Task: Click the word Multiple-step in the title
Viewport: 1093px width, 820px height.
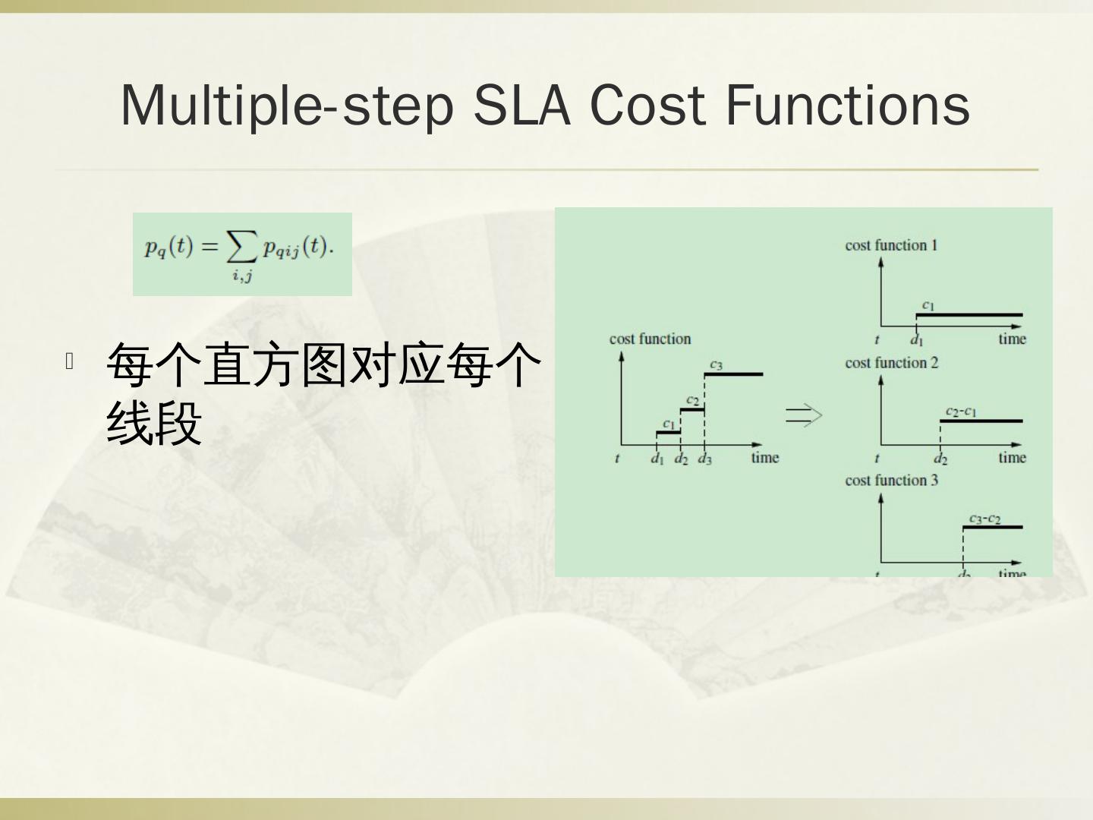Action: coord(287,105)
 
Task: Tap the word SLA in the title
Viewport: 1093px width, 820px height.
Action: coord(521,105)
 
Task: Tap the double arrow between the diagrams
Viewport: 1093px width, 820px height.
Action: coord(804,415)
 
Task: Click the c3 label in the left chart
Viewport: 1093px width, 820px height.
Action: coord(716,364)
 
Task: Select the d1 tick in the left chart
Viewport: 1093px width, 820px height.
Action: coord(657,459)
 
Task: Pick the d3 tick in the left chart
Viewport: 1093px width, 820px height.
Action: coord(705,459)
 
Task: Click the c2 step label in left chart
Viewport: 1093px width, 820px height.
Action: coord(692,400)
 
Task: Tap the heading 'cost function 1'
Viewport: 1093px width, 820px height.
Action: coord(891,245)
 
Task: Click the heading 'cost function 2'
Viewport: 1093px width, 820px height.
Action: coord(891,363)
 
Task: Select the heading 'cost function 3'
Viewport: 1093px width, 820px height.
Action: coord(891,480)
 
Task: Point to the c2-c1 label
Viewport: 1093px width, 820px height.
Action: coord(961,412)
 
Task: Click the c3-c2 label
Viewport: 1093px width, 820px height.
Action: coord(984,519)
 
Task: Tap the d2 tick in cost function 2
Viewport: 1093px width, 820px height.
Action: coord(940,459)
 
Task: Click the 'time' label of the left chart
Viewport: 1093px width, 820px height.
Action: coord(765,457)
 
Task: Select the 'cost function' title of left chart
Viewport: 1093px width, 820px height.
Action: coord(650,339)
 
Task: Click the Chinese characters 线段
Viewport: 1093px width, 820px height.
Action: coord(154,423)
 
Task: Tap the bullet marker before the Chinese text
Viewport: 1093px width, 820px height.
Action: coord(69,361)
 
